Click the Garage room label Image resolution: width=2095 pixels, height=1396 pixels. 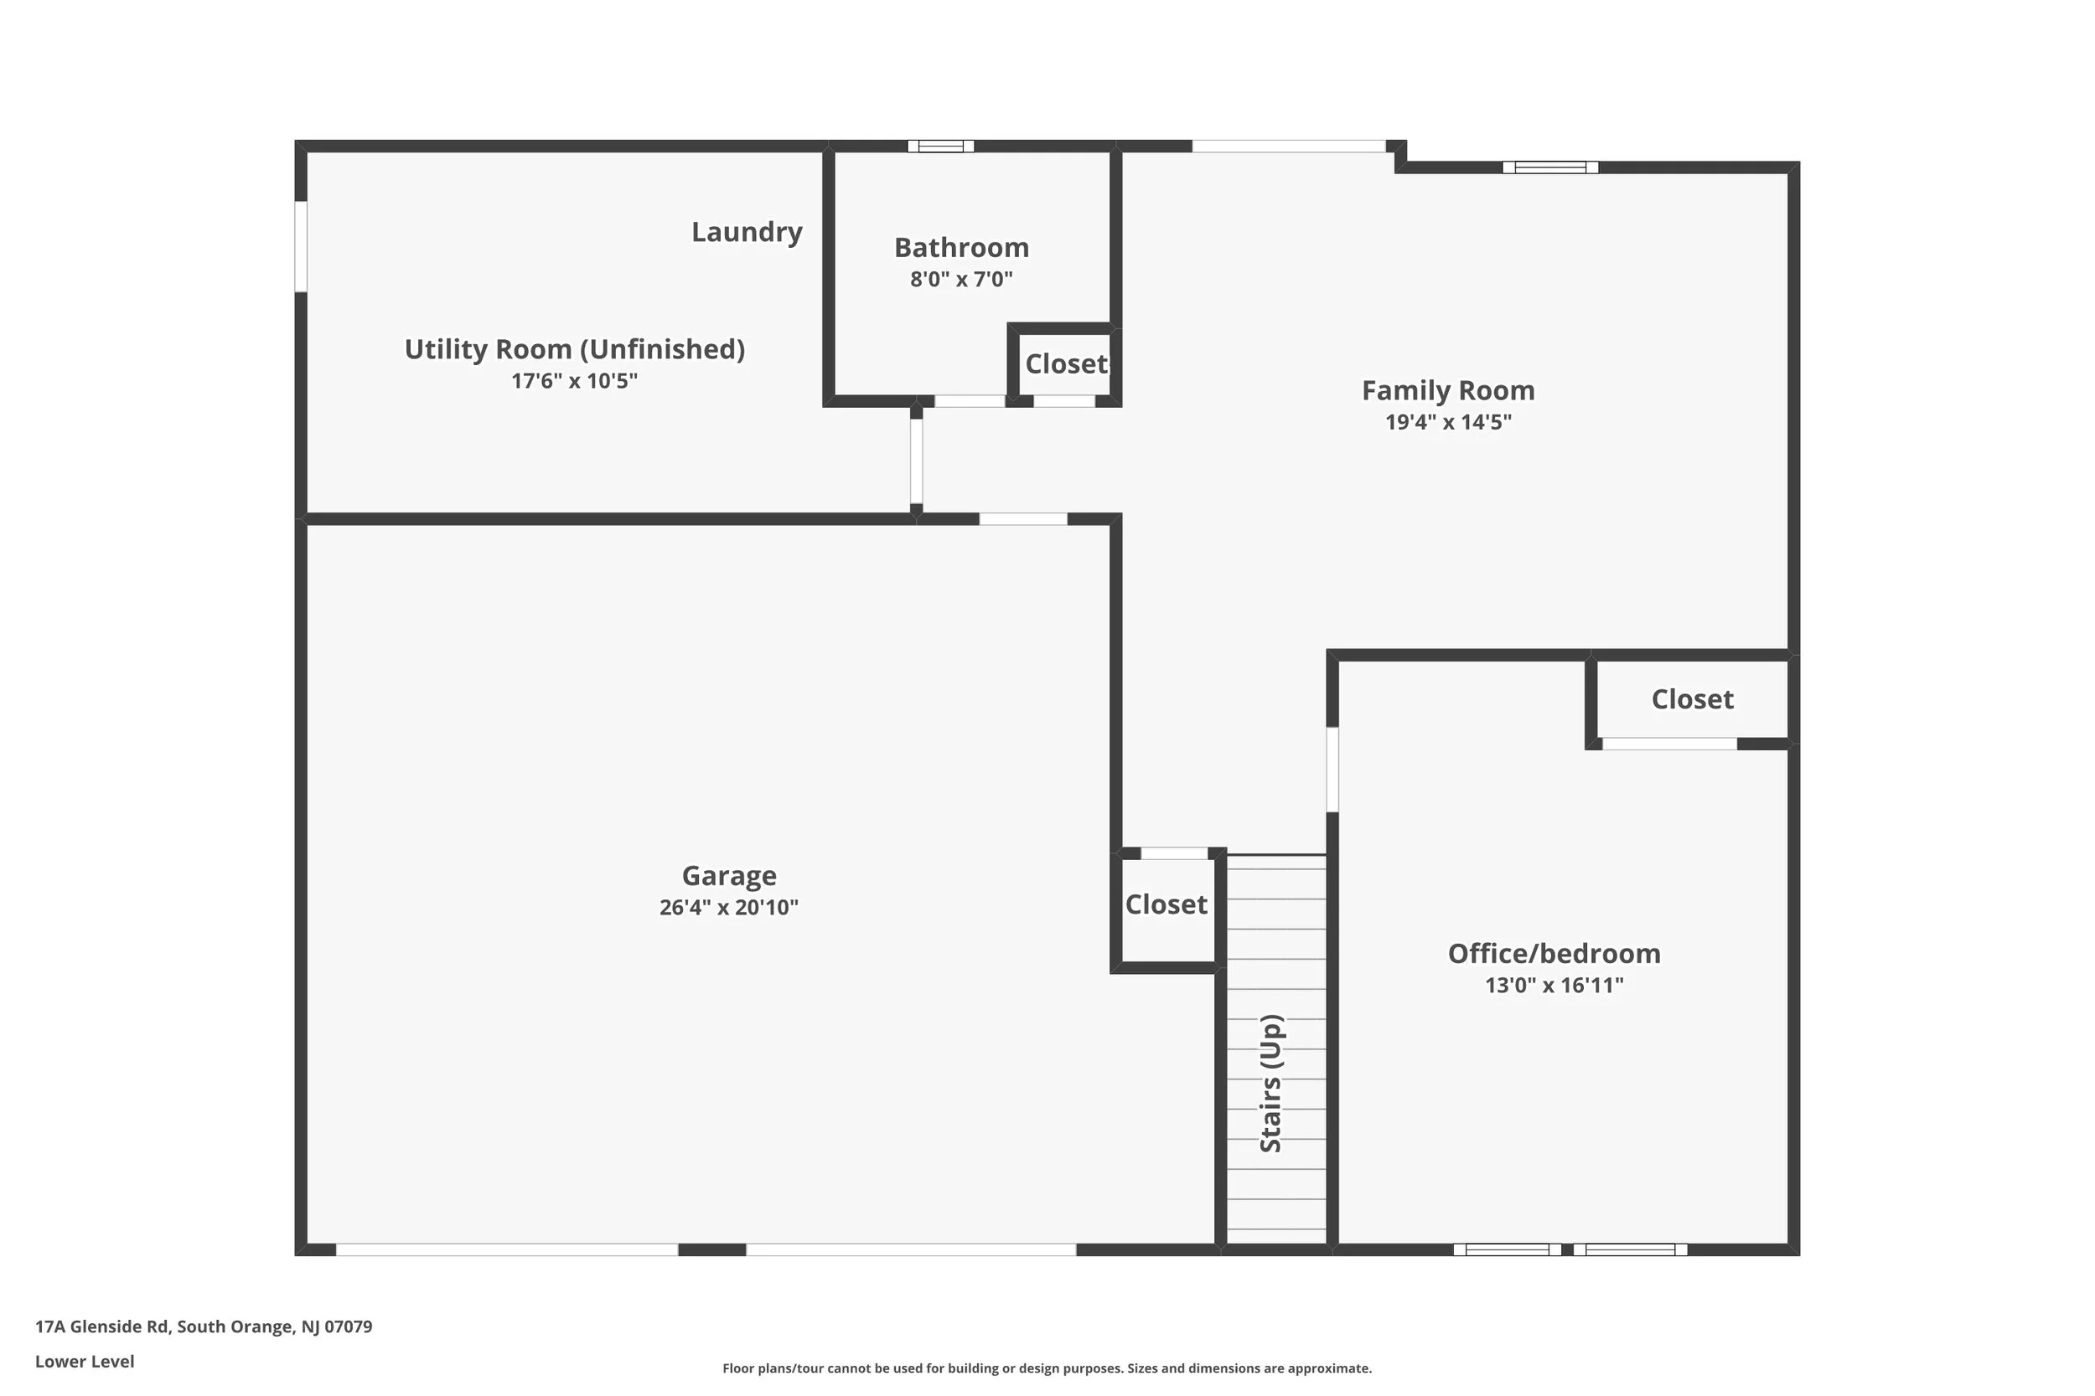(x=728, y=876)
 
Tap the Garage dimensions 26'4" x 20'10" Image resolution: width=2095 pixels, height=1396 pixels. (x=728, y=907)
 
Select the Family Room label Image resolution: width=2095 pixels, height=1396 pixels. (x=1447, y=391)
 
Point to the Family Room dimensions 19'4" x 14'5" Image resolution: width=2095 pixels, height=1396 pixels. (x=1447, y=422)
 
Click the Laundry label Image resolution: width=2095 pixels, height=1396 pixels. (x=747, y=232)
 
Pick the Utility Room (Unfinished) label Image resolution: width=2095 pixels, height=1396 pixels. (x=575, y=349)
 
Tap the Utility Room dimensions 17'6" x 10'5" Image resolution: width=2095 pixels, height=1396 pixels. (x=575, y=381)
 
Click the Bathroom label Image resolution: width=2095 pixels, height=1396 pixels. (x=961, y=248)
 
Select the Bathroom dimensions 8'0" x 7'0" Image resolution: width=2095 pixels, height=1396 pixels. (x=961, y=280)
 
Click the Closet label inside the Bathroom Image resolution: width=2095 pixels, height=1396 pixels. (x=1065, y=364)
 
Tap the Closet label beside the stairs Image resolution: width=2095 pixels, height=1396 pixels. (x=1166, y=904)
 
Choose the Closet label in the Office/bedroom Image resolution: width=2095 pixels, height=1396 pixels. (x=1691, y=700)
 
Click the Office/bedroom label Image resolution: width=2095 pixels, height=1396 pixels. (x=1554, y=954)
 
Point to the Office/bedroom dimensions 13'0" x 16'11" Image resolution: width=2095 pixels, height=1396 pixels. (x=1554, y=986)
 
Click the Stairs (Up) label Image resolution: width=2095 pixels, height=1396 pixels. (x=1271, y=1084)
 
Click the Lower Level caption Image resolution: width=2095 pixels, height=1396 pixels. (x=85, y=1362)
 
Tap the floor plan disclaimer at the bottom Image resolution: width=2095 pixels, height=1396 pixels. (x=1047, y=1368)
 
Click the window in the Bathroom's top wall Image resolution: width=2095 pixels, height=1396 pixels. (x=940, y=146)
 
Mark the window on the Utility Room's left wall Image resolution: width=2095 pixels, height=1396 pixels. (x=301, y=246)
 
